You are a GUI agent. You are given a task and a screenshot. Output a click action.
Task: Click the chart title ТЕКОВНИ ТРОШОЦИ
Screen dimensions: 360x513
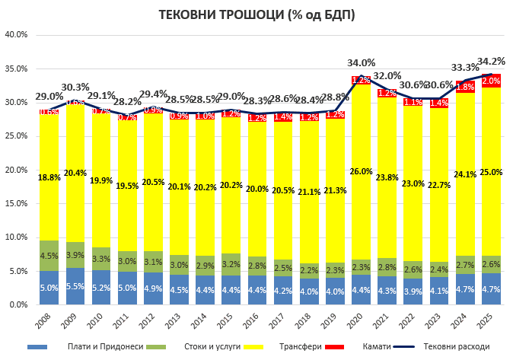pyautogui.click(x=256, y=14)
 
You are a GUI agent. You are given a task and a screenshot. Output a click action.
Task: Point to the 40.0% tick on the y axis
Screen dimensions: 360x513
pyautogui.click(x=16, y=35)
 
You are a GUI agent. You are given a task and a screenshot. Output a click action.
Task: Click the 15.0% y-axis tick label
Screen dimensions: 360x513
pyautogui.click(x=16, y=203)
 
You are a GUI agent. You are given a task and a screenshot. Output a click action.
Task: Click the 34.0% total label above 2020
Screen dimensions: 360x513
pyautogui.click(x=361, y=63)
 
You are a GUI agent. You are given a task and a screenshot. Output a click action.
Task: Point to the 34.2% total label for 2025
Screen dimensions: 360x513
pyautogui.click(x=490, y=62)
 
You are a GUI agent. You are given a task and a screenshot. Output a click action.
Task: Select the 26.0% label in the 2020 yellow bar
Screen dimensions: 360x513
pyautogui.click(x=361, y=171)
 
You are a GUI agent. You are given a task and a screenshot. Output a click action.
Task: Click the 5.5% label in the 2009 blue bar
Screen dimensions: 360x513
pyautogui.click(x=75, y=287)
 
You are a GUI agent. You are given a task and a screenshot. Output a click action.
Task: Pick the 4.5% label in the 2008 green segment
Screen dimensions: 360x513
pyautogui.click(x=49, y=256)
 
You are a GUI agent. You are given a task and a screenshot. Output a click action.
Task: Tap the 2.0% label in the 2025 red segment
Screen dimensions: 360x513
pyautogui.click(x=491, y=81)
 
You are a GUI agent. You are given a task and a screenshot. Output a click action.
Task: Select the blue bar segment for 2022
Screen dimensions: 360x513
pyautogui.click(x=413, y=292)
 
